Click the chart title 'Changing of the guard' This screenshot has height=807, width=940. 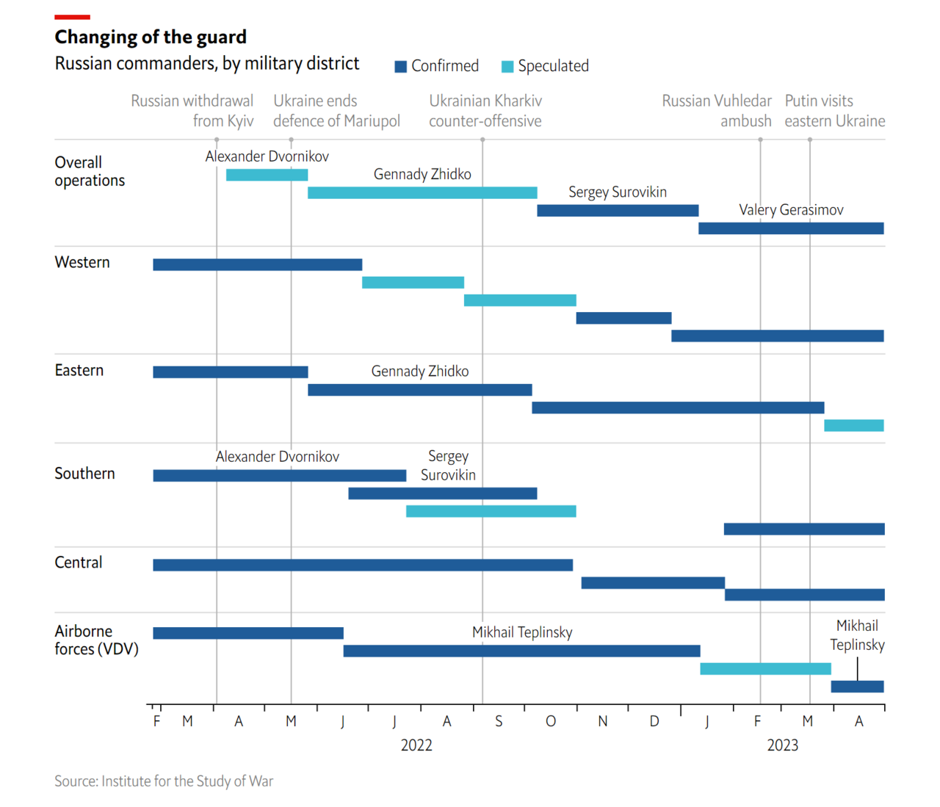tap(151, 37)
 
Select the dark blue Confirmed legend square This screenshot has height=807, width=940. tap(401, 67)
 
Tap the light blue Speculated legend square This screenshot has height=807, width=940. tap(507, 67)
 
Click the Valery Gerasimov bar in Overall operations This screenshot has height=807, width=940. tap(791, 228)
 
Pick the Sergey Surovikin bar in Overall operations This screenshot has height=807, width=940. tap(618, 211)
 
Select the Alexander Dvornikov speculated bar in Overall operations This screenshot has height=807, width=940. tap(267, 175)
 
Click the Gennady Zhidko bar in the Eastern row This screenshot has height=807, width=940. tap(419, 390)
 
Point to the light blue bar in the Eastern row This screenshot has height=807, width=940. tap(853, 425)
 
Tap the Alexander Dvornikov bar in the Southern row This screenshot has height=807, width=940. tap(279, 476)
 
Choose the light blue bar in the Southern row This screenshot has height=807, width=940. tap(491, 511)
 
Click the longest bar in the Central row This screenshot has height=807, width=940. tap(363, 565)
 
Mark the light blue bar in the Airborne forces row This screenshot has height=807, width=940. tap(765, 669)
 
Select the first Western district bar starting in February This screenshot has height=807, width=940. tap(257, 264)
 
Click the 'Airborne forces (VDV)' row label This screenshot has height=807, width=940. tap(96, 640)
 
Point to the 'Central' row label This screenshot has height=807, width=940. tap(79, 562)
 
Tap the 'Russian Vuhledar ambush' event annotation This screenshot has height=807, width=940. tap(717, 111)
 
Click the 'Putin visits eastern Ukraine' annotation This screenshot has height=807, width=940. tap(834, 111)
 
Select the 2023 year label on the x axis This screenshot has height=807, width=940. tap(782, 745)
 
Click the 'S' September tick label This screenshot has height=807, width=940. tap(499, 722)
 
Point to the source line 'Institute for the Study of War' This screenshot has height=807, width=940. tap(164, 781)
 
